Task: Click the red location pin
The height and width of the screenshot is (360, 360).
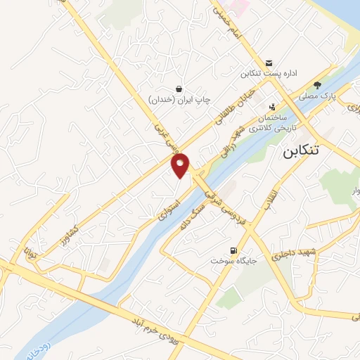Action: (x=181, y=165)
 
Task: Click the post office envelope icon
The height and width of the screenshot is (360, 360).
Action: (x=269, y=61)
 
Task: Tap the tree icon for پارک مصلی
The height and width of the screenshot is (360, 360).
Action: (x=317, y=84)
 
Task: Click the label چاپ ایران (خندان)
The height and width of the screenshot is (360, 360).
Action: (x=179, y=101)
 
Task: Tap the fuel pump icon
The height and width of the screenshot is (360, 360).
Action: (x=233, y=250)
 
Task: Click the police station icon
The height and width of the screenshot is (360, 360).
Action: (x=272, y=107)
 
